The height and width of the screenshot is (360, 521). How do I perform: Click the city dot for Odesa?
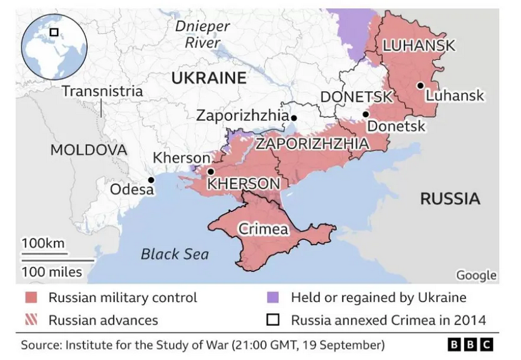coord(150,180)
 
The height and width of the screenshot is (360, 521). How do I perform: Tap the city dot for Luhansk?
coord(421,85)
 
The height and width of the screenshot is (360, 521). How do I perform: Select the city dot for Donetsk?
coord(366,114)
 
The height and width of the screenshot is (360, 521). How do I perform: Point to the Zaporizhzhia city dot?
coord(293,117)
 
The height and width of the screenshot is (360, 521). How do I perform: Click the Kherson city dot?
coord(211,172)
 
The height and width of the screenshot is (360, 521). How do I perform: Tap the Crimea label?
coord(263,229)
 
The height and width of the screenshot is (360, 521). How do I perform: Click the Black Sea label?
coord(175,254)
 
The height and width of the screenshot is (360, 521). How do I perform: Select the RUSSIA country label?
coord(450,199)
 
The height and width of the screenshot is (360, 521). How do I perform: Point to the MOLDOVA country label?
coord(88,150)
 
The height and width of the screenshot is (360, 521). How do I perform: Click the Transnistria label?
coord(102,91)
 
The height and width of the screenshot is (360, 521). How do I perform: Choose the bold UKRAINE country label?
coord(208,78)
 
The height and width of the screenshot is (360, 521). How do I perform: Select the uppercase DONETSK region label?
coord(356,97)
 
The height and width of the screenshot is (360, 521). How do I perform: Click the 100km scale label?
coord(43,243)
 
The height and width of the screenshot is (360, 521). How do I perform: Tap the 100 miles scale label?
coord(52,272)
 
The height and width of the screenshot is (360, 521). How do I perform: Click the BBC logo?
coord(470,344)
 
